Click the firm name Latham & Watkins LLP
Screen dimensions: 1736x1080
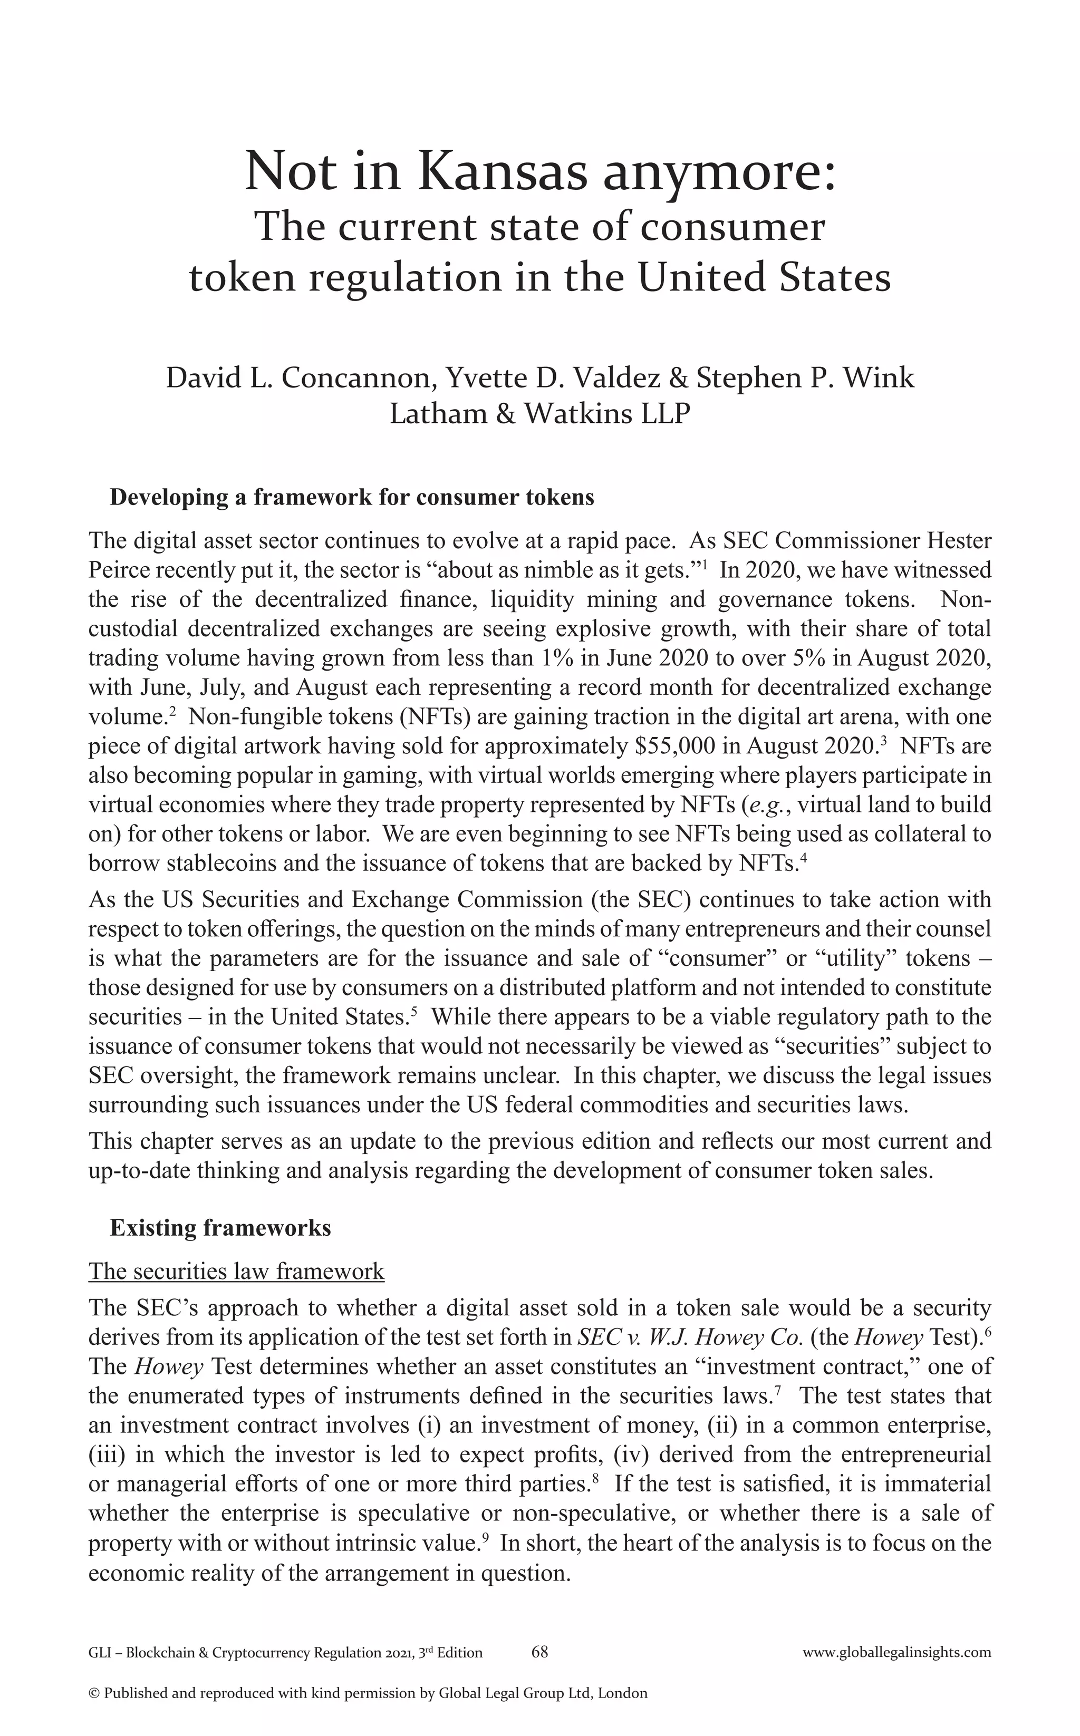point(540,413)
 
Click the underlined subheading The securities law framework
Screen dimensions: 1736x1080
point(236,1271)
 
